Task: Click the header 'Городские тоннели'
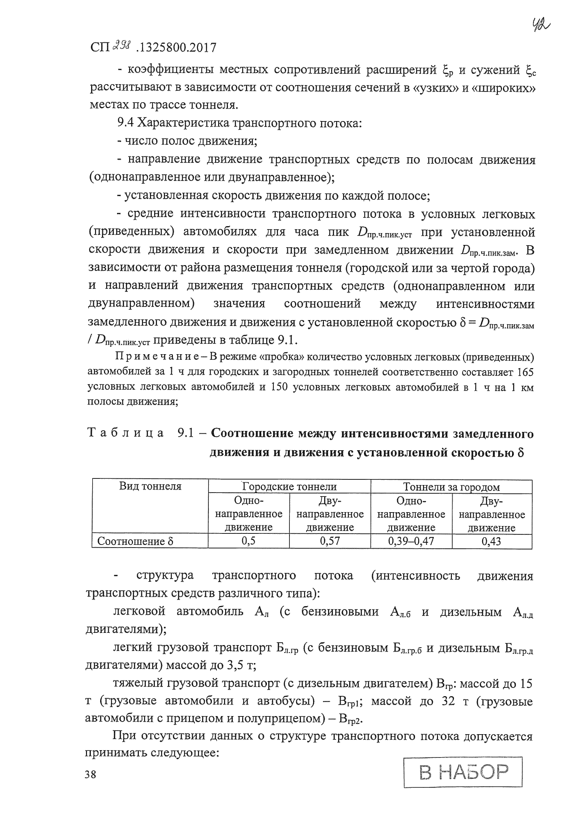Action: click(x=289, y=487)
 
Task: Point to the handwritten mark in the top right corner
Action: click(x=541, y=25)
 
